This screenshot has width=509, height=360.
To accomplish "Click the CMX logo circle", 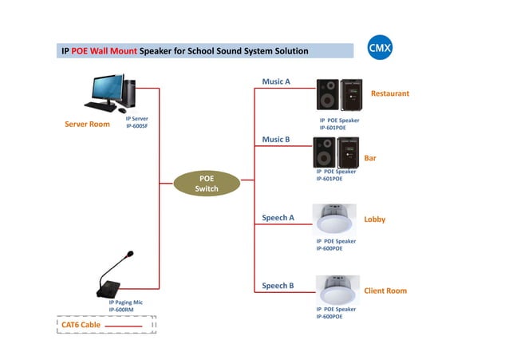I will tap(379, 49).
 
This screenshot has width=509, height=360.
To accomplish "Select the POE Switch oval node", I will tap(207, 183).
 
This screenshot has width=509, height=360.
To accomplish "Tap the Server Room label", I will tap(87, 125).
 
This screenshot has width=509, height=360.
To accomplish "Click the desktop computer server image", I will tap(110, 93).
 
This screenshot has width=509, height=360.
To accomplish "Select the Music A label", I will tap(276, 81).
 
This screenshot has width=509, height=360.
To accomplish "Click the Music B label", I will tap(276, 140).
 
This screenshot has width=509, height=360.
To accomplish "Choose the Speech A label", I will tap(278, 217).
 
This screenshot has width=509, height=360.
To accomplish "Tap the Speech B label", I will tap(278, 285).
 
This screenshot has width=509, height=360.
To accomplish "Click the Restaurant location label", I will tap(389, 94).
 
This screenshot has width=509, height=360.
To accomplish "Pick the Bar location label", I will tap(369, 158).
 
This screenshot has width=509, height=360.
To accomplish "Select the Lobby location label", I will tap(374, 219).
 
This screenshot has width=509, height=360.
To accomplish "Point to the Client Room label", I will tap(385, 291).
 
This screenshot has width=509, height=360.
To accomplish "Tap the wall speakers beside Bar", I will tap(336, 152).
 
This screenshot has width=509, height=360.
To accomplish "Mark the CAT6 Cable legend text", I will tap(81, 325).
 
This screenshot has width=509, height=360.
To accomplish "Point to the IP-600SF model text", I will tap(137, 126).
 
